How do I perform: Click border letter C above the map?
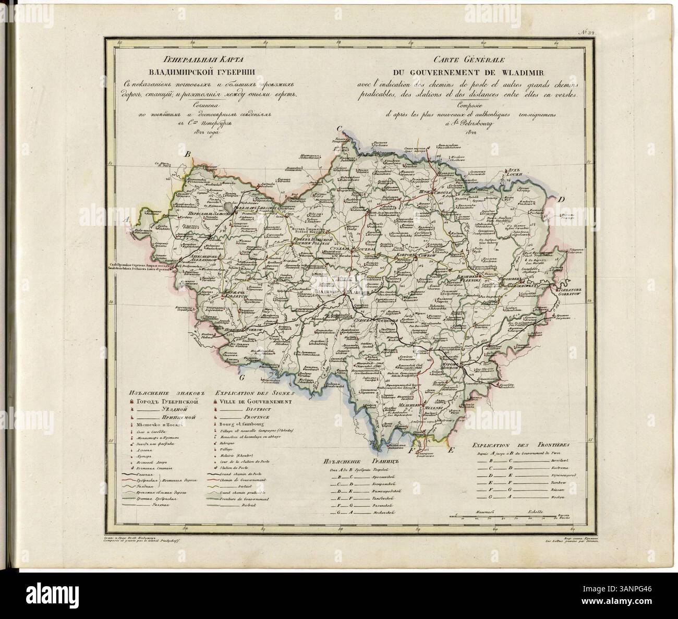338,129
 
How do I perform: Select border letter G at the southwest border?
241,379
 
